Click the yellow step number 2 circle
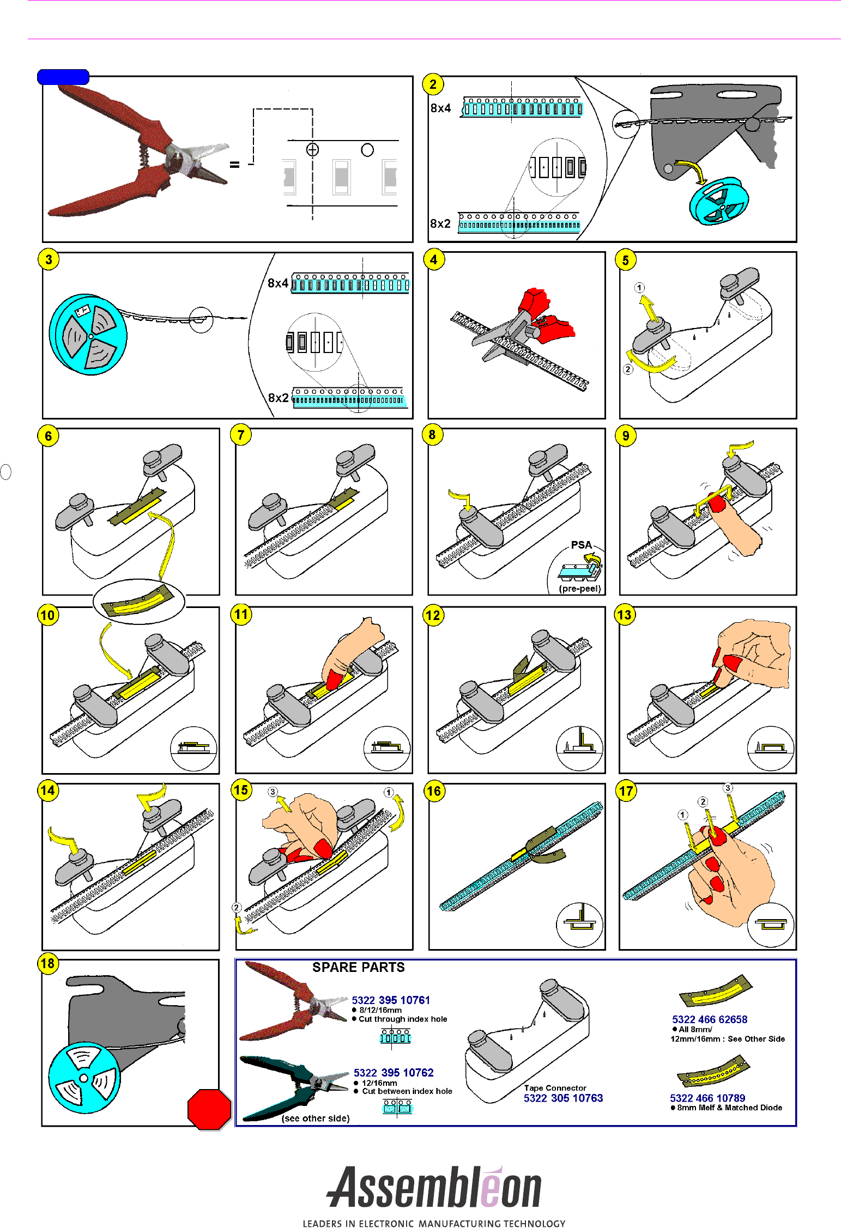[433, 84]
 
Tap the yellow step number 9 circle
[626, 436]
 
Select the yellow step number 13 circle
[624, 615]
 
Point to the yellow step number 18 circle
[48, 963]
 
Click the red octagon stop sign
[209, 1109]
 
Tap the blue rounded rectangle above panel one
[63, 77]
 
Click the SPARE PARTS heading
[358, 967]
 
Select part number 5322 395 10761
[391, 1000]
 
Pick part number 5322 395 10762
[394, 1073]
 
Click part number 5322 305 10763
[563, 1098]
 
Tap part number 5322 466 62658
[710, 1019]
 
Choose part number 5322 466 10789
[707, 1098]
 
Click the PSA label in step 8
[581, 545]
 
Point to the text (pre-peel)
[579, 588]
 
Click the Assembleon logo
[434, 1188]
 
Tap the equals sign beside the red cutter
[234, 165]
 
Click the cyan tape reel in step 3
[88, 335]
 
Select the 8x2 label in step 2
[440, 223]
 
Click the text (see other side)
[316, 1118]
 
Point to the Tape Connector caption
[555, 1088]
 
